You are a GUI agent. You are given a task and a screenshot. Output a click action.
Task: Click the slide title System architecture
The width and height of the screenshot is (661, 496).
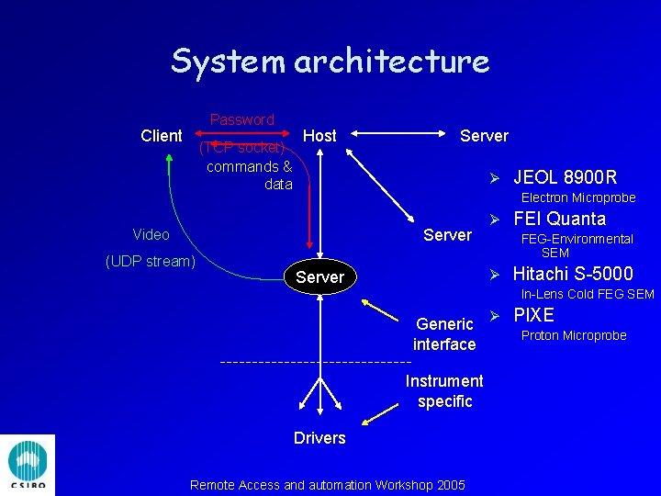point(330,62)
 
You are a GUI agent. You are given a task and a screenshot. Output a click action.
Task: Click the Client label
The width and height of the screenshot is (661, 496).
point(162,136)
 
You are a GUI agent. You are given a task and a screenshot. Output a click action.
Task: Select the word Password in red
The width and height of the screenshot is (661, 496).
point(241,119)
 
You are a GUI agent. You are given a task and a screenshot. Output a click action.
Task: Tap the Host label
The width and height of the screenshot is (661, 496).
point(319,136)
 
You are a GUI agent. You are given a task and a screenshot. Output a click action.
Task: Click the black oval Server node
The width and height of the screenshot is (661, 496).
point(320,277)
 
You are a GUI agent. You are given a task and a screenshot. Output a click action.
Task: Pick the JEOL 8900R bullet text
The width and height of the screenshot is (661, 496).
point(565,177)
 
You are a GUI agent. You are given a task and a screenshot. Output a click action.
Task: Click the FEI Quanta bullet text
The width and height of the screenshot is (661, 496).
point(559,219)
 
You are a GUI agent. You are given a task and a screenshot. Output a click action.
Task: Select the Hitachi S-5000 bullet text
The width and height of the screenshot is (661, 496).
point(573,274)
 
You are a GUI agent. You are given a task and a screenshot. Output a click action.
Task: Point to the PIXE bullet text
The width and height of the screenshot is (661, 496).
point(533,315)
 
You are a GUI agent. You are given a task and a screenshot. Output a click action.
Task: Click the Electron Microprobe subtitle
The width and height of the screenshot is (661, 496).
point(578,197)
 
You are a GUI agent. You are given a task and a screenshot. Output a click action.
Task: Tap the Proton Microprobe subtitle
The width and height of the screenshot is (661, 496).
point(574,335)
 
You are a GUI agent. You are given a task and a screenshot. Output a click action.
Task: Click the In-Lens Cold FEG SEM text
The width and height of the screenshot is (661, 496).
point(588,294)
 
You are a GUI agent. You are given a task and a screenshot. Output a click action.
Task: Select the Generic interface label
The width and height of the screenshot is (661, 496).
point(444,333)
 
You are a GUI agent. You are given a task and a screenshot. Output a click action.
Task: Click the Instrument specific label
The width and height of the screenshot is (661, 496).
point(444,390)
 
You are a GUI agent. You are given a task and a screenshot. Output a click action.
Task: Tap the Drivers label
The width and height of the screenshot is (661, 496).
point(319,438)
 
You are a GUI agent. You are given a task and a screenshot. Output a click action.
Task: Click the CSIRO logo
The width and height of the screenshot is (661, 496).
point(28,466)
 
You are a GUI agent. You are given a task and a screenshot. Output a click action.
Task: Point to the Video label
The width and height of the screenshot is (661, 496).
point(151,234)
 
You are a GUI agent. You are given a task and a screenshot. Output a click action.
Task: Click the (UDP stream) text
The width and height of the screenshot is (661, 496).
point(151,261)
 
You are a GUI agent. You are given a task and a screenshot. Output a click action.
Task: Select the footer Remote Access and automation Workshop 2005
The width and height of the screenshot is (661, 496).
point(327,485)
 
